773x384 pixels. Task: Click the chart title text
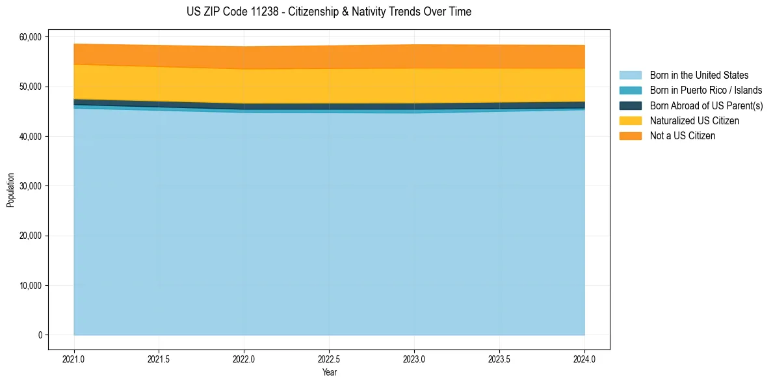click(x=329, y=12)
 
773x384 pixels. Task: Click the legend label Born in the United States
click(x=699, y=75)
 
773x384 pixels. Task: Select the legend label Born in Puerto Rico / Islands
click(x=706, y=90)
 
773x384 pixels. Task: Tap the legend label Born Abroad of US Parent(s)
click(x=706, y=105)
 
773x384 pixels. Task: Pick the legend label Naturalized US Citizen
click(x=694, y=121)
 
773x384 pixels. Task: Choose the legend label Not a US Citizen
click(x=683, y=136)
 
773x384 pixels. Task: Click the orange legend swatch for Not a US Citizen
click(x=630, y=136)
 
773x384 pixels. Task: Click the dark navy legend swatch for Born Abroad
click(x=630, y=105)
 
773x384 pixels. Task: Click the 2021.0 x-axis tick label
click(x=74, y=359)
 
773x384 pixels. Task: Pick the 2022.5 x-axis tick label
click(x=329, y=359)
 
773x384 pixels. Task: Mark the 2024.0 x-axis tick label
click(x=584, y=359)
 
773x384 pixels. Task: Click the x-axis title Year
click(x=329, y=372)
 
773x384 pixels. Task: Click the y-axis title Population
click(x=10, y=190)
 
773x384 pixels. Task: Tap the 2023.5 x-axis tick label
click(x=499, y=359)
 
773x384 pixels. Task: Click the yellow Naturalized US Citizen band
click(x=329, y=85)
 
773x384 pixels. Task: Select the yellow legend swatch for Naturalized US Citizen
click(x=630, y=121)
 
